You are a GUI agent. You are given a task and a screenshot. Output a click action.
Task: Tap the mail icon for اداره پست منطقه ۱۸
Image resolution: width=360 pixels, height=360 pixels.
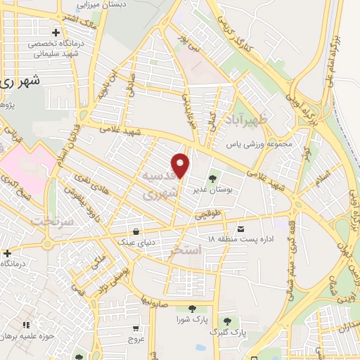click(241, 229)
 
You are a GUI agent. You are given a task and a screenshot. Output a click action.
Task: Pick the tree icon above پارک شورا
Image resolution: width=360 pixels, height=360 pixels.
click(192, 309)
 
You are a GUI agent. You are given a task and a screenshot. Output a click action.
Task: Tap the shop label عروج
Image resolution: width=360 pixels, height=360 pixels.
click(136, 340)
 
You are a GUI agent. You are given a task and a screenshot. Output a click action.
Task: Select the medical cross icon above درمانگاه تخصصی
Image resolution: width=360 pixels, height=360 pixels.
click(56, 33)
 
